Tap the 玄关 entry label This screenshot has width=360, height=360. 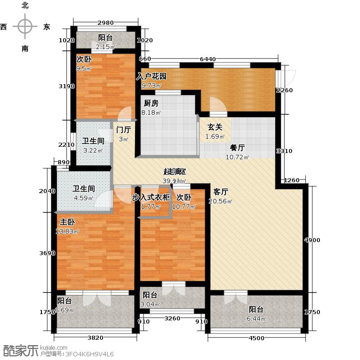214,127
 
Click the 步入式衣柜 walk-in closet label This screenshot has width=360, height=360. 151,197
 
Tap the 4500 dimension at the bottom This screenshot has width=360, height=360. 257,338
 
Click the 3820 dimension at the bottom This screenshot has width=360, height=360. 95,338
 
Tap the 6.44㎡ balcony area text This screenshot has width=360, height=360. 256,319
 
